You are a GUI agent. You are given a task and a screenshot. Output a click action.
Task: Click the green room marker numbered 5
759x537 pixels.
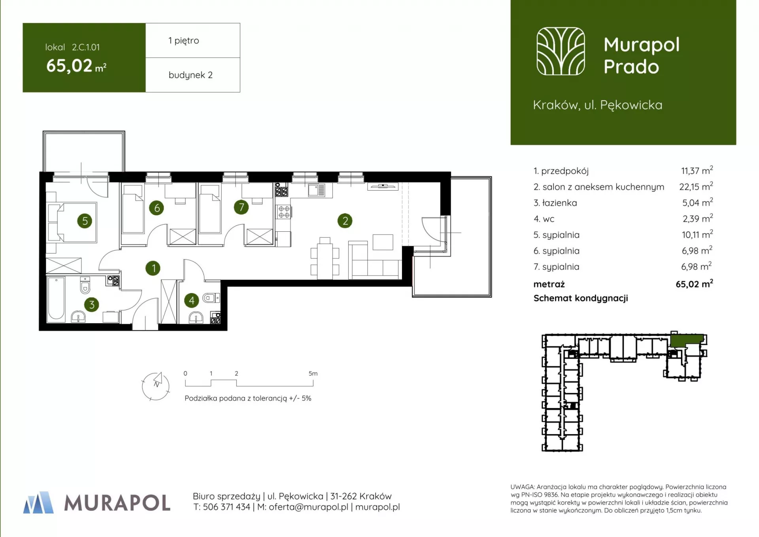(x=85, y=221)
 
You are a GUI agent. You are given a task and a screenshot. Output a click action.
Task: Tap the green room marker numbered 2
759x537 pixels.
(x=345, y=221)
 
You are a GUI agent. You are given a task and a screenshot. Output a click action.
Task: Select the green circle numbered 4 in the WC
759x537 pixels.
(x=192, y=301)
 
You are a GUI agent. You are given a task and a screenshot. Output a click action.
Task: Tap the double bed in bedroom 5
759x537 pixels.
(x=73, y=222)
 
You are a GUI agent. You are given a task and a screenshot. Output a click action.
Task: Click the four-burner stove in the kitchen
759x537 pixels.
(x=284, y=212)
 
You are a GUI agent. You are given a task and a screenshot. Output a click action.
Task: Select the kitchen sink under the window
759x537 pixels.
(x=316, y=190)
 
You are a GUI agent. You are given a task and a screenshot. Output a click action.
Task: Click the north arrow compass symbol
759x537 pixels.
(x=156, y=386)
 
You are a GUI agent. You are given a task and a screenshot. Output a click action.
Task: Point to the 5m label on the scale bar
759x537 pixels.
(x=313, y=373)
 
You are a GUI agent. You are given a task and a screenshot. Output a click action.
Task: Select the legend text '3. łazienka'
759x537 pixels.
(x=555, y=203)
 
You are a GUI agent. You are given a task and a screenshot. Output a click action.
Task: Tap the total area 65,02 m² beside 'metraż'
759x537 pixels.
(x=694, y=284)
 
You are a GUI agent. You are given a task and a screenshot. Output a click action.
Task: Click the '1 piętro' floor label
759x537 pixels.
(x=184, y=41)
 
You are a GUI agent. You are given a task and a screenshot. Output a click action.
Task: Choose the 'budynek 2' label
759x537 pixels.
(x=191, y=75)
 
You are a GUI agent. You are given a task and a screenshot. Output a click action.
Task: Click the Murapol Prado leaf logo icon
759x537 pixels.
(x=561, y=51)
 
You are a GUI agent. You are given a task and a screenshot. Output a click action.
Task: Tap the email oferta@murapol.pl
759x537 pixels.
(x=308, y=507)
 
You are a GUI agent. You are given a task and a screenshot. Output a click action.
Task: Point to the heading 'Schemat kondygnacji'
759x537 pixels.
(x=581, y=299)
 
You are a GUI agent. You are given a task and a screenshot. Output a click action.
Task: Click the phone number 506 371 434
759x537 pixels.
(x=227, y=507)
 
